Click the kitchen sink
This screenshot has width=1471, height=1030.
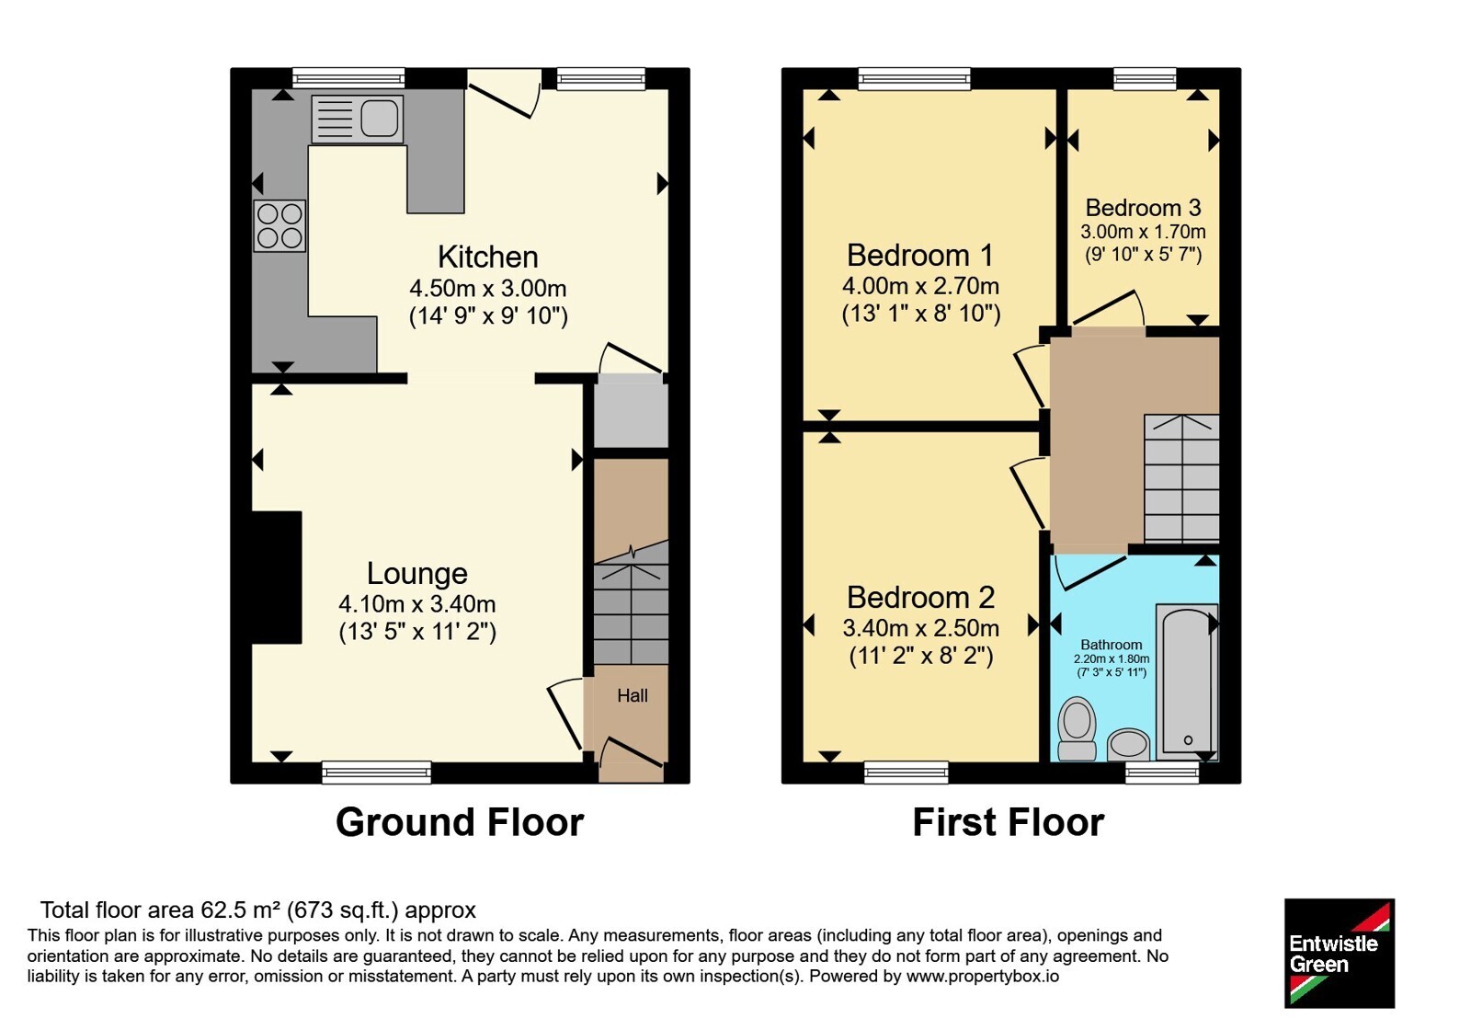(x=358, y=120)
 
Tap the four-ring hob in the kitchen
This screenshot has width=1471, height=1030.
(x=279, y=226)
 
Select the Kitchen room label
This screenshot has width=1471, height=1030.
(x=488, y=257)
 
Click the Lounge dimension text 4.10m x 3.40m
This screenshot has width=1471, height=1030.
(x=417, y=603)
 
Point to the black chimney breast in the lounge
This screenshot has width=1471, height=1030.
(x=277, y=578)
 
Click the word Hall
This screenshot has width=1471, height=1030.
(x=633, y=695)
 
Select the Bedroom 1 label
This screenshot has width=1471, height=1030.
(x=920, y=255)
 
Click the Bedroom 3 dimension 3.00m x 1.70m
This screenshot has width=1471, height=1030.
(x=1143, y=232)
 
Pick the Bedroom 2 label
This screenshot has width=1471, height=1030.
(x=920, y=597)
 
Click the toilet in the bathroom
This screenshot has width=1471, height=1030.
(x=1077, y=728)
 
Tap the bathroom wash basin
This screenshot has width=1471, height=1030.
(x=1128, y=745)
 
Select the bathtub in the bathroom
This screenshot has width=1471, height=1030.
(x=1187, y=681)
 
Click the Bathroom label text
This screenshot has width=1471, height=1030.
(x=1112, y=645)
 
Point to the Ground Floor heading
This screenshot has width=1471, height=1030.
(x=460, y=822)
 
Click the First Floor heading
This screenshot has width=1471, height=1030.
(x=1008, y=822)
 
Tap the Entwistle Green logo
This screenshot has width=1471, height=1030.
(x=1339, y=953)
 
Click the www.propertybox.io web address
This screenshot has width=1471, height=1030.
(x=983, y=976)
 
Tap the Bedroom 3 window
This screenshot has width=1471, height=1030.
(x=1145, y=79)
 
